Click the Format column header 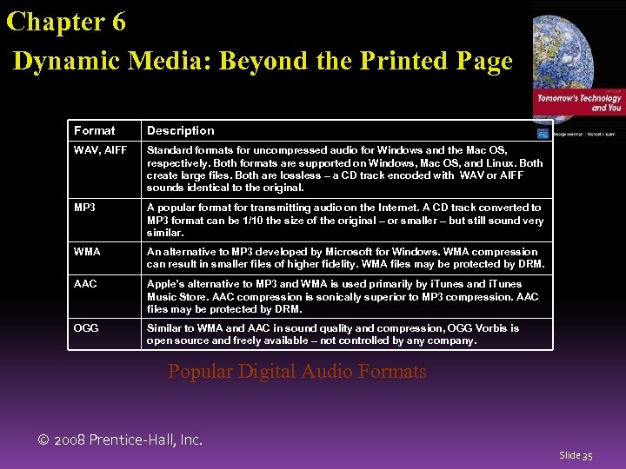94,130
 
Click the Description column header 180,130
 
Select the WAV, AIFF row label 100,151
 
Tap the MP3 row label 85,208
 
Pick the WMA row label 87,252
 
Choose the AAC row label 85,284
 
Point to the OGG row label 86,328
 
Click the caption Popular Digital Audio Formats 296,372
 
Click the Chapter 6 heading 66,21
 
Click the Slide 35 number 576,455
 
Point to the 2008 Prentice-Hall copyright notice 120,439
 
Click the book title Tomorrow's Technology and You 578,102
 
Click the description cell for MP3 344,220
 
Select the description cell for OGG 344,334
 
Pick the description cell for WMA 344,257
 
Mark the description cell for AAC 344,296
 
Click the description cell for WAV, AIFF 344,168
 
